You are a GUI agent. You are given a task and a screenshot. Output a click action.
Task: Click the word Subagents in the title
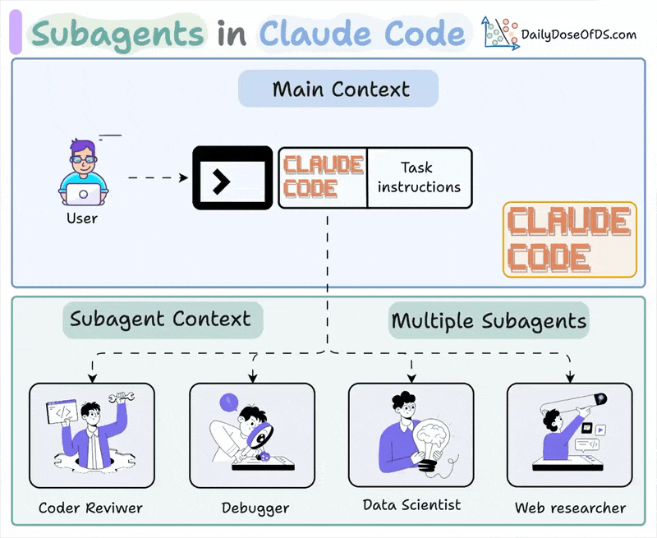(116, 34)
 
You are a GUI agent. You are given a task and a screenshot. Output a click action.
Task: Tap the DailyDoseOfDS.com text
(578, 34)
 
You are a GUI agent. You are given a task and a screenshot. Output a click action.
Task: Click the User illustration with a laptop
(82, 172)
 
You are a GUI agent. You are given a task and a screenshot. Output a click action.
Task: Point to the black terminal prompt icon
(232, 177)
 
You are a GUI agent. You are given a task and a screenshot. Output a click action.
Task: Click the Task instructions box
(419, 177)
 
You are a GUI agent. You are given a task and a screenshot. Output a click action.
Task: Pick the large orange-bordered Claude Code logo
(570, 239)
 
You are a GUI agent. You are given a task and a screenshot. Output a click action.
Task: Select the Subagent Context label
(160, 319)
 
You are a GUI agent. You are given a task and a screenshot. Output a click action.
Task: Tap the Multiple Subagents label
(489, 320)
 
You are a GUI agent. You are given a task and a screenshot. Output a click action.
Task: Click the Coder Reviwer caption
(90, 508)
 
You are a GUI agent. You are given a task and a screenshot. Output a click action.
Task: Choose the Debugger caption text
(255, 508)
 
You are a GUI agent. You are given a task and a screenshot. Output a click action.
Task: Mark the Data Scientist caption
(411, 504)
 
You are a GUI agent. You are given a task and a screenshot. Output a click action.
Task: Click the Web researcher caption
(570, 508)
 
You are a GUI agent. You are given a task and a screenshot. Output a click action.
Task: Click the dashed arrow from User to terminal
(156, 177)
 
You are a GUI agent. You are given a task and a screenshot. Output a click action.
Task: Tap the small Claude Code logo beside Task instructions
(323, 177)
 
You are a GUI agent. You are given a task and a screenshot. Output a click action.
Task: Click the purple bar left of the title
(15, 34)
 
